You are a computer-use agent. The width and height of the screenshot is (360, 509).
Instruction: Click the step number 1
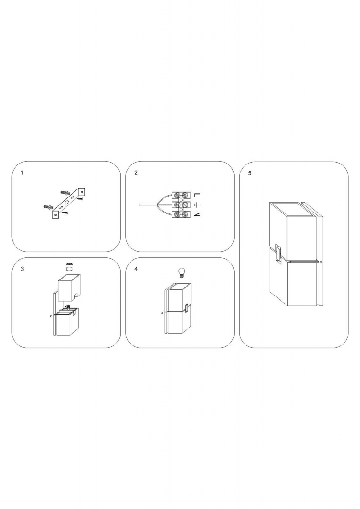tap(22, 172)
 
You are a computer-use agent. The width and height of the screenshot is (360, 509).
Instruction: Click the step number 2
tap(136, 172)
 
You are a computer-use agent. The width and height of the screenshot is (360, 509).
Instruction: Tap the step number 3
tap(22, 269)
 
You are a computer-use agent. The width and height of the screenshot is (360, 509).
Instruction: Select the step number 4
tap(136, 269)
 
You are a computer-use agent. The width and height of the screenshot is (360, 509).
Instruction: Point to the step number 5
tap(250, 173)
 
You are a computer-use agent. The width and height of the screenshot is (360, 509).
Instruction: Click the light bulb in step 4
tap(181, 272)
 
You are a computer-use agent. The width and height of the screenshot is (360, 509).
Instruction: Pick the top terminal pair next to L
tap(181, 195)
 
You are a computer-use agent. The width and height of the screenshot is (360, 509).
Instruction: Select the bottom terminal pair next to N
tap(181, 214)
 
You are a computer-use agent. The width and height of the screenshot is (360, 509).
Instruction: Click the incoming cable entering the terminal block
tap(147, 205)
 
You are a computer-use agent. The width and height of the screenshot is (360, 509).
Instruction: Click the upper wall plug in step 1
tap(66, 193)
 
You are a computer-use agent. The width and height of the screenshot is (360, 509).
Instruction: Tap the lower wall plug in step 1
tap(49, 206)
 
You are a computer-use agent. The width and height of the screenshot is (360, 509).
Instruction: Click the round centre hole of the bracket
tap(67, 202)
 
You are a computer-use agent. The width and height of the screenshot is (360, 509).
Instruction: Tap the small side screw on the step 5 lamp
tap(320, 262)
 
